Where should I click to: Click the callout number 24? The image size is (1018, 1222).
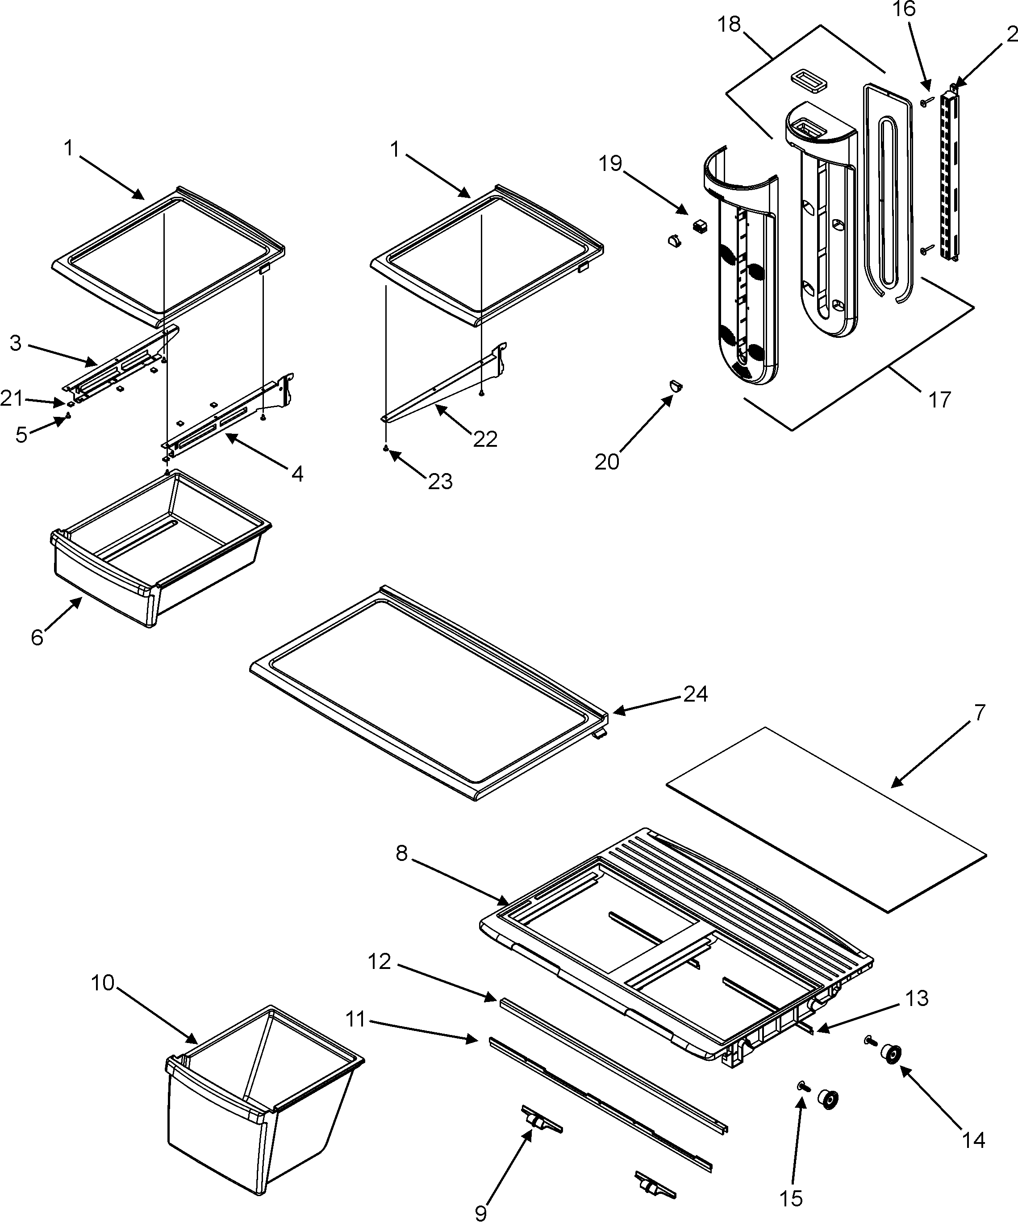click(695, 694)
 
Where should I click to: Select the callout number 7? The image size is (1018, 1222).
click(980, 712)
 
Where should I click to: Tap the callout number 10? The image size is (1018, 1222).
click(103, 983)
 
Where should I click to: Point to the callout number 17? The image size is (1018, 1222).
click(939, 400)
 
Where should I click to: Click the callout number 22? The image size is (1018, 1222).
click(485, 439)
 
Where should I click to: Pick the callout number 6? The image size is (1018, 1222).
click(37, 637)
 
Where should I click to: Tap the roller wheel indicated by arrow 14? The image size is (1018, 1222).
click(891, 1055)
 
